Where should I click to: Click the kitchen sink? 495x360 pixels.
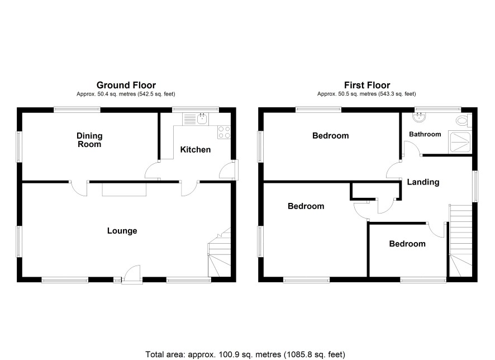196,119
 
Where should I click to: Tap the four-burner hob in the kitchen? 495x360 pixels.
224,132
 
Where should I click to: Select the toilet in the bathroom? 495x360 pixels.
464,120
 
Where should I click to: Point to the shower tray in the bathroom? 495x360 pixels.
460,143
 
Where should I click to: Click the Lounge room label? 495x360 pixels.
122,231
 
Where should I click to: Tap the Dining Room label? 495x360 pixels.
89,140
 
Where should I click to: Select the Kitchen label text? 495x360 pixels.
196,149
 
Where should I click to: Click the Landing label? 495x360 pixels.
423,182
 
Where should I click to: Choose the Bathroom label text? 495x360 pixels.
425,134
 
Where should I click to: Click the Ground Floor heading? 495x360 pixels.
126,85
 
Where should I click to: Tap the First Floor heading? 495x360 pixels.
367,85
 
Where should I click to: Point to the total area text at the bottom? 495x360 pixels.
245,354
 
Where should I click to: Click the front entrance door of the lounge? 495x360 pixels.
132,274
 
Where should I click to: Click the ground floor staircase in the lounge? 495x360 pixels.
219,252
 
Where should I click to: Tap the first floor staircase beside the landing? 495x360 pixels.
460,240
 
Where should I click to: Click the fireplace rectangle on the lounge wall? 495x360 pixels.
124,190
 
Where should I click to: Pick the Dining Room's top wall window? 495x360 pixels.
77,110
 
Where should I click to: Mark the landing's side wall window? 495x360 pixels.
475,186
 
